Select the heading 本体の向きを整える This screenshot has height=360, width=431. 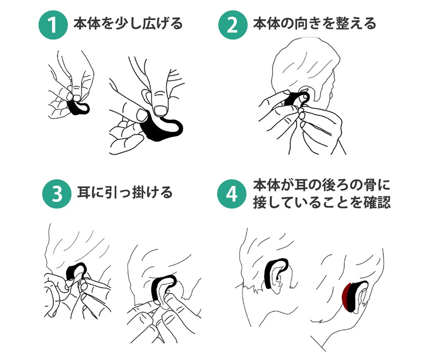point(314,23)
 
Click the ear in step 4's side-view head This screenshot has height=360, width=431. point(279,280)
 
